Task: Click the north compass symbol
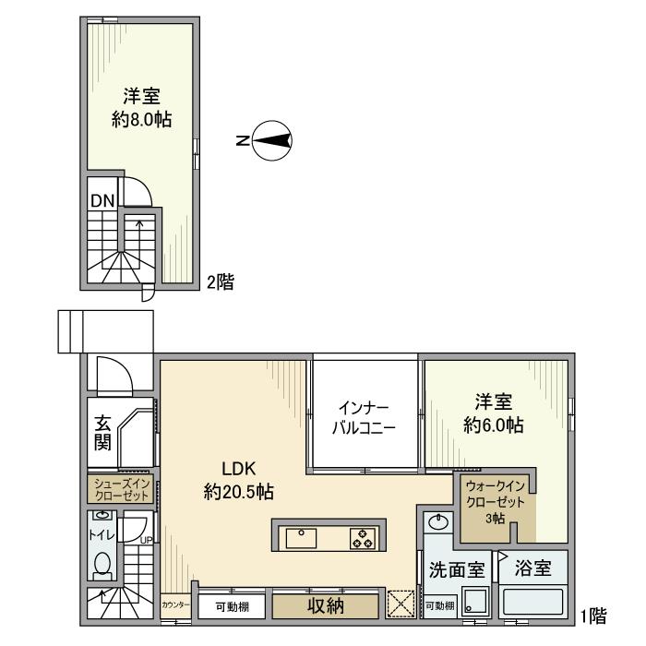(271, 140)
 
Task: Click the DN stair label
(102, 199)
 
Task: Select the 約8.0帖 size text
(141, 120)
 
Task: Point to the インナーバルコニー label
(364, 418)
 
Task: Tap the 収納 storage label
(322, 606)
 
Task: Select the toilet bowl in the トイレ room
(102, 562)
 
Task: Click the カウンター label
(175, 605)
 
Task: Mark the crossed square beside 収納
(401, 605)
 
